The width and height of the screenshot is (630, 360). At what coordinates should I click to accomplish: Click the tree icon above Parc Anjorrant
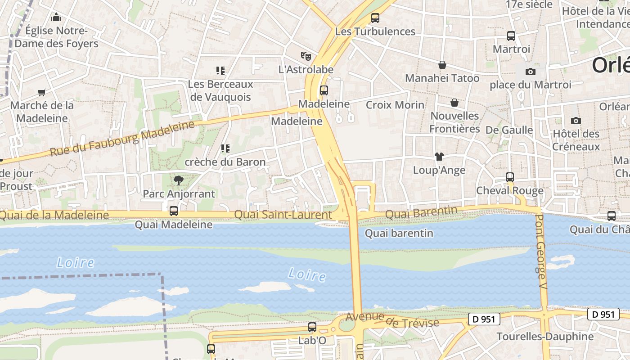179,180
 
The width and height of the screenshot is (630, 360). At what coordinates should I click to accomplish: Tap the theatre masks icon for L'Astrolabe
306,56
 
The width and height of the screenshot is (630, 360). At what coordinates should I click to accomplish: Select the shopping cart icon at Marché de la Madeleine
42,92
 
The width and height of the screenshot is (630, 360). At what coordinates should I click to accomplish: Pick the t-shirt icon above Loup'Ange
439,157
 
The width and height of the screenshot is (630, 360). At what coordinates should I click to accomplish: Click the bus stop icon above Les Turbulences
375,18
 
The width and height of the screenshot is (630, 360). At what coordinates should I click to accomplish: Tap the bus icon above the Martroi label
511,36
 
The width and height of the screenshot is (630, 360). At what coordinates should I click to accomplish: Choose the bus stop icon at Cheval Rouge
510,177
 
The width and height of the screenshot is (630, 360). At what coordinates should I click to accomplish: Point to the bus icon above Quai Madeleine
173,211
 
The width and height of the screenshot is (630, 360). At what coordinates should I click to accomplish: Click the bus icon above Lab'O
312,327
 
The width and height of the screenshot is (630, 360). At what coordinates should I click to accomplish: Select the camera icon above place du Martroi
531,72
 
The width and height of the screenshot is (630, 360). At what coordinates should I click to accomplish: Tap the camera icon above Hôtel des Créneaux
576,121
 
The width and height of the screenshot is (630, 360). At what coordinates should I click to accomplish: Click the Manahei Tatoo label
442,78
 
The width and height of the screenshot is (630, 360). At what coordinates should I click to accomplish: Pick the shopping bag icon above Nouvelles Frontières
454,103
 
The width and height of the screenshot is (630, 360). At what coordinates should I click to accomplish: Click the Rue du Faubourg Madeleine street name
122,139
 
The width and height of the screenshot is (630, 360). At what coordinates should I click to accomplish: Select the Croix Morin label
395,105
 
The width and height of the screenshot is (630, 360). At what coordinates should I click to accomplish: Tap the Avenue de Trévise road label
392,321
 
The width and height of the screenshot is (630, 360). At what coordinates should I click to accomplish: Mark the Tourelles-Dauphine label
545,337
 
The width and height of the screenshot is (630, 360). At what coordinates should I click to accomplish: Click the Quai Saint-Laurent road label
283,215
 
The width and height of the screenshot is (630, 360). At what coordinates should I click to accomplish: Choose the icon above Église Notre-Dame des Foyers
56,18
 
